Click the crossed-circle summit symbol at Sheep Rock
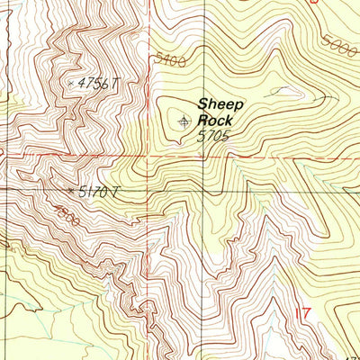(x=184, y=120)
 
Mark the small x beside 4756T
(x=72, y=83)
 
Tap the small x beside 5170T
(x=71, y=191)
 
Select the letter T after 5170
(x=116, y=192)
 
